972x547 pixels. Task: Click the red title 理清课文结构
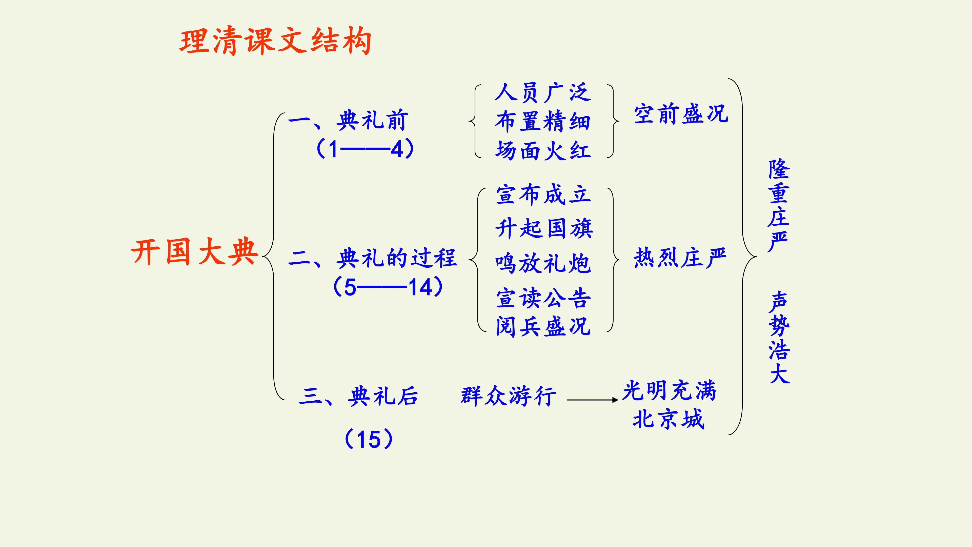coord(275,41)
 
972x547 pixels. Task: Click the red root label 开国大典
coord(194,251)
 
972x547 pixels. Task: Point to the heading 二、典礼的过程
coord(372,258)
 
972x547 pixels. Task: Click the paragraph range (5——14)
coord(388,287)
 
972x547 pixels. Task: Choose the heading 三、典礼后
coord(358,396)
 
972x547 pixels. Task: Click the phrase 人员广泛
coord(543,92)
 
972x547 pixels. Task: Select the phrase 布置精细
coord(543,122)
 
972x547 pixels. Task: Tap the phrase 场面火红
coord(543,150)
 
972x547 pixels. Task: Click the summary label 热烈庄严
coord(680,258)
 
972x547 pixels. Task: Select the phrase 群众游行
coord(509,396)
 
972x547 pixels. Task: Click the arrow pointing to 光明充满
coord(592,400)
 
